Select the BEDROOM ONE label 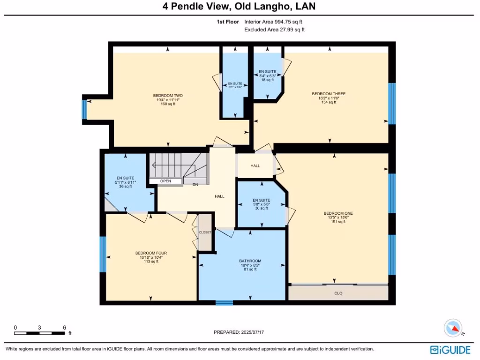[338, 213]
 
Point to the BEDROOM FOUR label [151, 253]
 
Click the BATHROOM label [250, 261]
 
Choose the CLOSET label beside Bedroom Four [205, 232]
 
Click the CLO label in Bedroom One [338, 293]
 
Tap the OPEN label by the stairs [165, 181]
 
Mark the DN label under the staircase [195, 185]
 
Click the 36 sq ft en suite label [125, 182]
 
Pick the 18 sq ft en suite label [267, 75]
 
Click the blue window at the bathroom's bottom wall [224, 303]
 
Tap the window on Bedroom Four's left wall [103, 254]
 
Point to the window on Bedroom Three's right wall [392, 104]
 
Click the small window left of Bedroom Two [84, 110]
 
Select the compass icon [453, 328]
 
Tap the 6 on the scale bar [64, 328]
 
